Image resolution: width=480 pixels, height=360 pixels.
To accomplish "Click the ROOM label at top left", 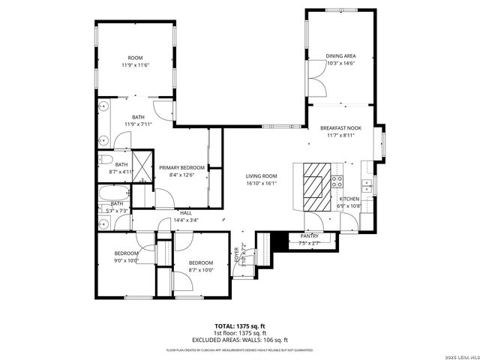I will [x=135, y=58].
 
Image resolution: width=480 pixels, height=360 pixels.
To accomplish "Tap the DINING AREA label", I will [x=340, y=56].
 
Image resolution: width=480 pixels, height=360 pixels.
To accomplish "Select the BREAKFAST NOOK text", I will [x=340, y=128].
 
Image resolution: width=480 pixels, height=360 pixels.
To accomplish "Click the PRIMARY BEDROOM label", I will [x=181, y=167].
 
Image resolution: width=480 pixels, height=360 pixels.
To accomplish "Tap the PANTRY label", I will [x=309, y=236].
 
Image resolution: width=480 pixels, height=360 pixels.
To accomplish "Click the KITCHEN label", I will [x=349, y=199].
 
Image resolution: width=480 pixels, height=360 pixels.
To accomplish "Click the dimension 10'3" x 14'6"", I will [x=340, y=64].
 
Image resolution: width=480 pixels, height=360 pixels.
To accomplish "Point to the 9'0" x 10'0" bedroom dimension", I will [x=126, y=261].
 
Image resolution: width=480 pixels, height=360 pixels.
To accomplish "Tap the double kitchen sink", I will [x=367, y=184].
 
